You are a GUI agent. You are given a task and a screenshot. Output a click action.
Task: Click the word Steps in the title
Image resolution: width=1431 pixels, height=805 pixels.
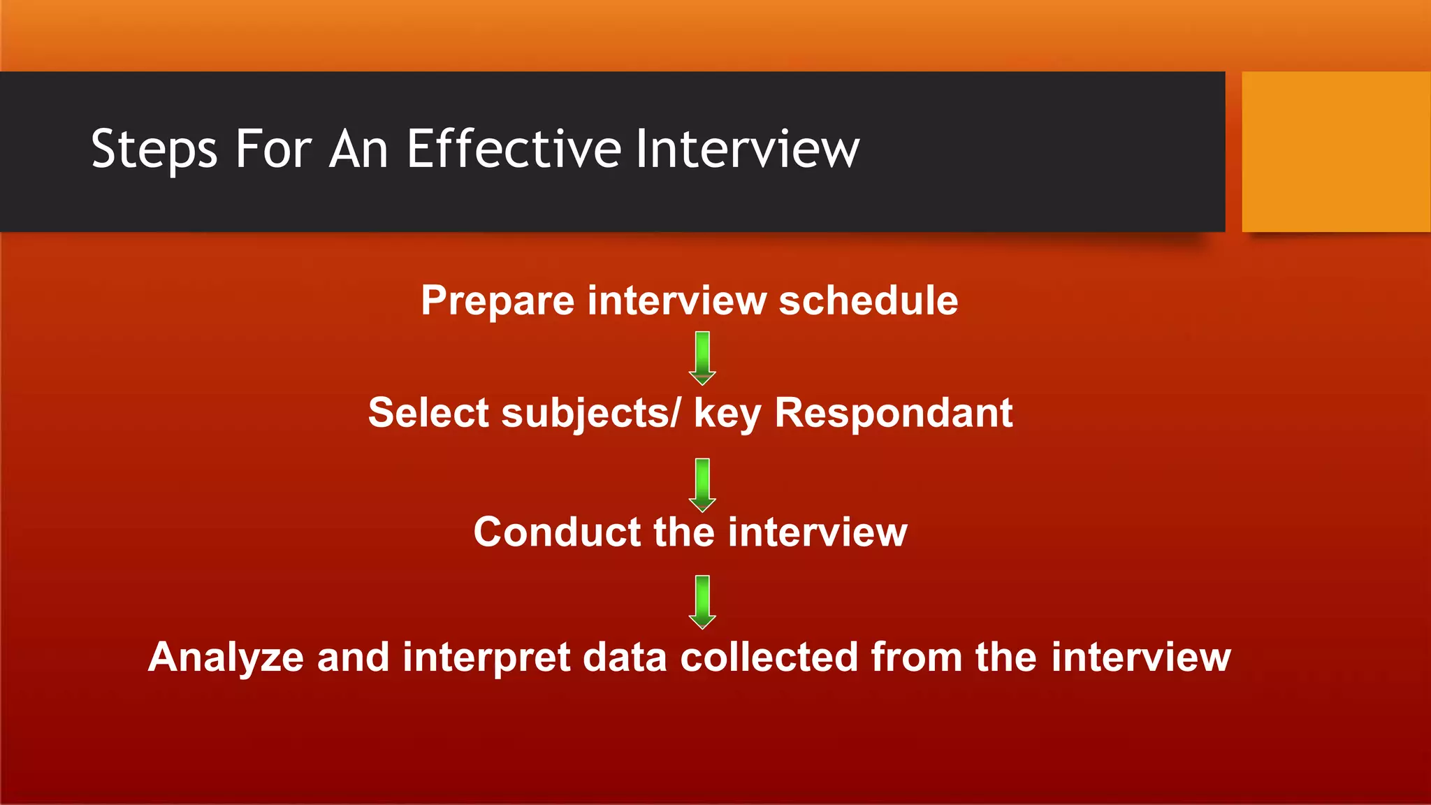click(x=154, y=150)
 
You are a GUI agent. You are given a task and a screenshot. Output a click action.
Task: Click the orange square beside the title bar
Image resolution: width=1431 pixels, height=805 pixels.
click(x=1335, y=151)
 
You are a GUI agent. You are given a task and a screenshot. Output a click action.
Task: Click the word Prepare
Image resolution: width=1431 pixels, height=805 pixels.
click(x=497, y=302)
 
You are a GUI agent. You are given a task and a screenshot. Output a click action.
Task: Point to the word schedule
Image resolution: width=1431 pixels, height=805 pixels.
click(x=868, y=300)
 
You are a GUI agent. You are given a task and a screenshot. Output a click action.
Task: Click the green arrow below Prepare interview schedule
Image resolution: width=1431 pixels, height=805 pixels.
click(x=702, y=358)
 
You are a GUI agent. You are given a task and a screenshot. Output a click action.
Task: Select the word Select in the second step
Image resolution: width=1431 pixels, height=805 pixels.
click(x=428, y=412)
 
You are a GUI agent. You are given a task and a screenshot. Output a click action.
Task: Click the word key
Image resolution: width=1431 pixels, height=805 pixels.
click(x=727, y=414)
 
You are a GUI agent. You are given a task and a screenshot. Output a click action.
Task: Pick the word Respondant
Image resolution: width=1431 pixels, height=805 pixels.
click(x=894, y=412)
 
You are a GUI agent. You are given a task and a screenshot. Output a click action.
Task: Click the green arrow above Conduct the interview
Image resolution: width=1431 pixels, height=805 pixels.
click(x=702, y=484)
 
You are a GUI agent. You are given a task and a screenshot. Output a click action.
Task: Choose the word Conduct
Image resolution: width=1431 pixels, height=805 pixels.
click(x=557, y=532)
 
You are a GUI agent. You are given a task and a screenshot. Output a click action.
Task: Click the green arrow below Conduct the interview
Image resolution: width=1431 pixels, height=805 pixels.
click(x=702, y=602)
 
